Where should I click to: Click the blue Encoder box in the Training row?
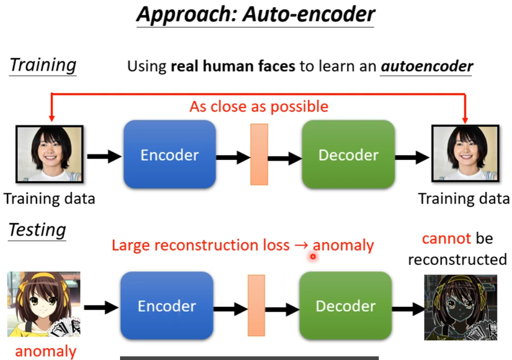(x=169, y=155)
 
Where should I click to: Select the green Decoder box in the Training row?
(x=348, y=155)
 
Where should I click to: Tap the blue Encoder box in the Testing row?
(x=166, y=305)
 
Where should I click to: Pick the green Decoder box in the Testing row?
(x=345, y=305)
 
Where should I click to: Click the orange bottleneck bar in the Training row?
(x=259, y=155)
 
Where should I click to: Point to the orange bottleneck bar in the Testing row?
(x=256, y=305)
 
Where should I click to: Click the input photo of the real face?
(x=49, y=154)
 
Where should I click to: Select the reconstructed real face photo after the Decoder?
(x=464, y=154)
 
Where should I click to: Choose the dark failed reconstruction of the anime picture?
(x=460, y=307)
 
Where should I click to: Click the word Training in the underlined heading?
(x=43, y=65)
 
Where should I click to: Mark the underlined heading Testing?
(x=37, y=230)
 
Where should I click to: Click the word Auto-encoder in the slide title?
(x=309, y=14)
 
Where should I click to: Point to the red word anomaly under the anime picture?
(x=45, y=351)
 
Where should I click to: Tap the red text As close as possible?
(x=259, y=106)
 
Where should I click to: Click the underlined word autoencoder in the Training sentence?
(x=427, y=66)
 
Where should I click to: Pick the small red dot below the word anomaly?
(x=313, y=257)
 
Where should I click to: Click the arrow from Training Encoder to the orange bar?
(x=233, y=157)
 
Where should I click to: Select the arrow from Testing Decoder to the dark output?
(x=408, y=310)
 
